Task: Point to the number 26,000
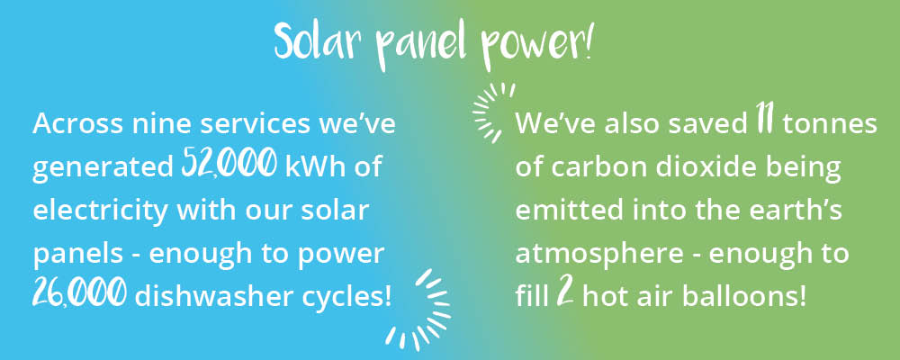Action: [80, 294]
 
